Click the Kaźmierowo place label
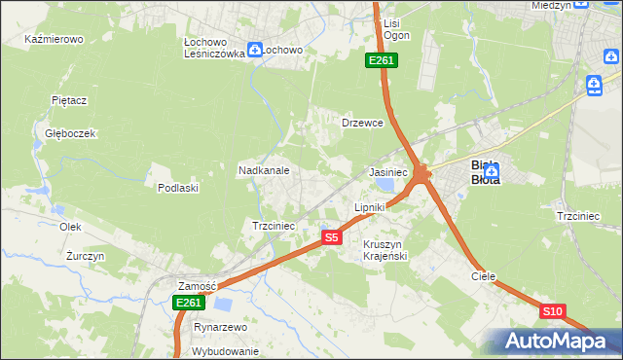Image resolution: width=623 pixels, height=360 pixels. tap(55, 40)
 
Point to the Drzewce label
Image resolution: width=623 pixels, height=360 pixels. tap(362, 124)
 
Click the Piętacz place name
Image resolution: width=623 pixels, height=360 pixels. tap(69, 100)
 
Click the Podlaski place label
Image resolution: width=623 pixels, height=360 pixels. tap(178, 188)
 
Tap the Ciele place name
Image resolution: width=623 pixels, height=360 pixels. tap(484, 276)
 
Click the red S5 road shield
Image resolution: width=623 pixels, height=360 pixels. tap(332, 236)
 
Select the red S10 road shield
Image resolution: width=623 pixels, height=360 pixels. tap(552, 311)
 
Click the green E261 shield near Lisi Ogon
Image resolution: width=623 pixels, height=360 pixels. tap(381, 61)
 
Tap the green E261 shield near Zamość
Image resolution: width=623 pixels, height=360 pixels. tap(189, 304)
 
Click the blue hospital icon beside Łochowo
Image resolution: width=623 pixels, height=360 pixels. tap(255, 49)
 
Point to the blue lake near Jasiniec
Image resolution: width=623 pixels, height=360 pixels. tap(386, 184)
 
